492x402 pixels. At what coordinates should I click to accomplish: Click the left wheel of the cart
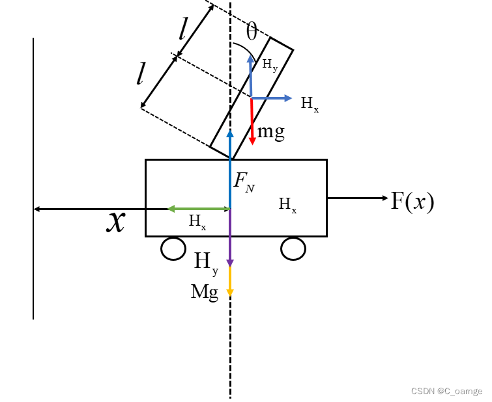173,248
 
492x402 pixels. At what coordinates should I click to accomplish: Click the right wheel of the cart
293,248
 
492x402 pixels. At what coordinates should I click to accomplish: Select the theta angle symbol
252,31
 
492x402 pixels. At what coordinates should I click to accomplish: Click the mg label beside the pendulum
271,132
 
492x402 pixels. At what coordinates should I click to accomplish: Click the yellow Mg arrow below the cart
229,281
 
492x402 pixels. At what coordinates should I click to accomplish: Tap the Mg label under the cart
205,292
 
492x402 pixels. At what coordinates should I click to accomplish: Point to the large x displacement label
116,222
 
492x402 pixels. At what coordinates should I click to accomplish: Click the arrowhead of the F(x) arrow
384,198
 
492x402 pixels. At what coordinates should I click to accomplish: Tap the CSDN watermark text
446,391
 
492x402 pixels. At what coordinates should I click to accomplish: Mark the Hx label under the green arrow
197,221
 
